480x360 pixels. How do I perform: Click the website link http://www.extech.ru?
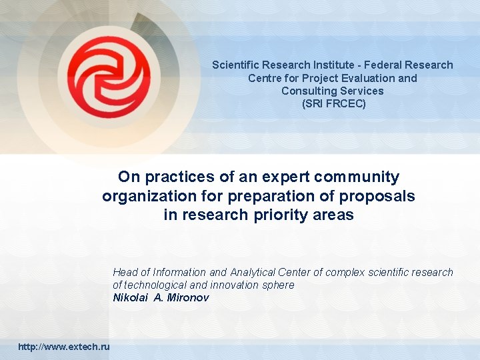(x=65, y=347)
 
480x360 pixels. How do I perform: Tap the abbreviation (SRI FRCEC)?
(x=333, y=104)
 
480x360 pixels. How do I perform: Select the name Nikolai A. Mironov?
(x=161, y=298)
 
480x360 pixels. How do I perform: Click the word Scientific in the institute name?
(x=236, y=65)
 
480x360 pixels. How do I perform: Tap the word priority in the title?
(x=279, y=215)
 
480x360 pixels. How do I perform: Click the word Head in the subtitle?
(x=125, y=272)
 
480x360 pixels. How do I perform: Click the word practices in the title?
(x=175, y=177)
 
